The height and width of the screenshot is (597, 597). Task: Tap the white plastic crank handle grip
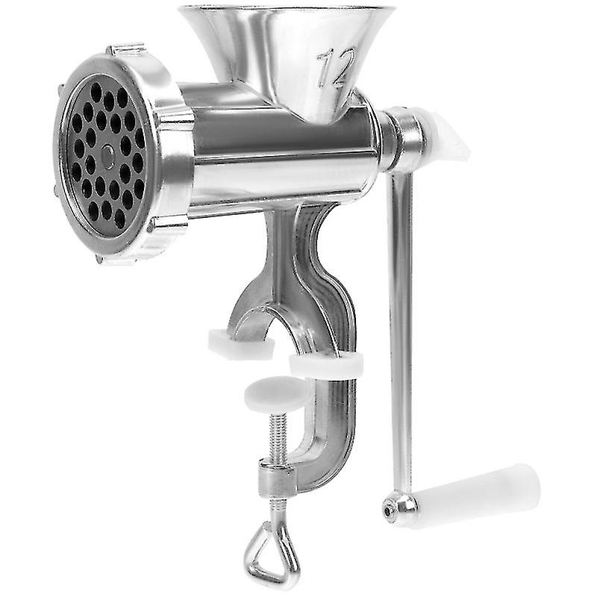click(x=477, y=490)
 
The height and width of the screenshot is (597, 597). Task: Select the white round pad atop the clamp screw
click(x=277, y=394)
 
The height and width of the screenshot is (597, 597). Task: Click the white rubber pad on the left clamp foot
click(x=241, y=344)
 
